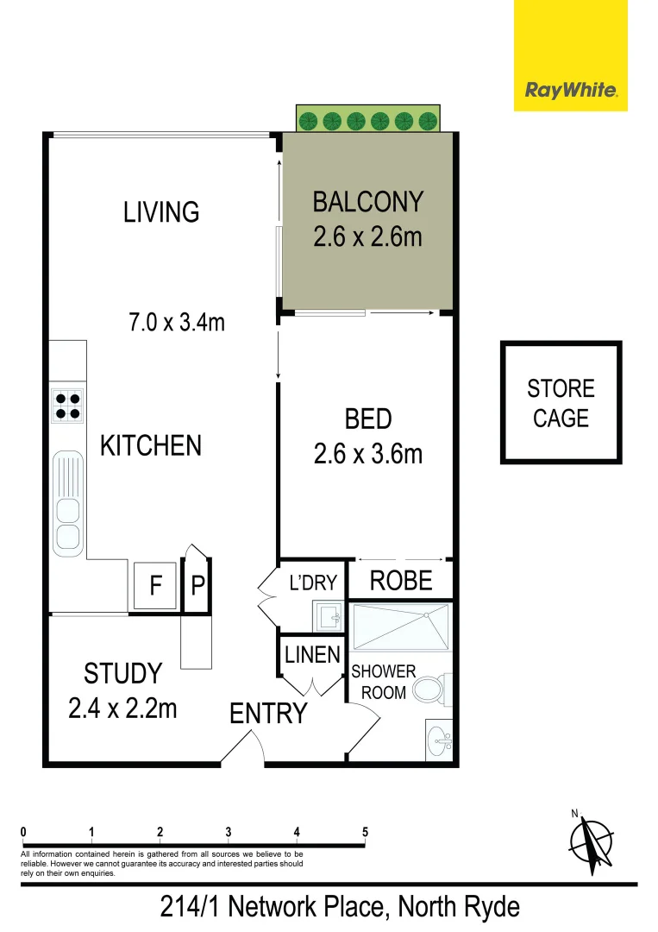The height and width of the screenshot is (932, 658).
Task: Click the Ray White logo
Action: [570, 90]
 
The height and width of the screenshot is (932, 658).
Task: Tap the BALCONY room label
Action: [367, 202]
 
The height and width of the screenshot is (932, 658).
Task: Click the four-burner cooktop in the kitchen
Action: [68, 406]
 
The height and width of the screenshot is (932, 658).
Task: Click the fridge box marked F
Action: [155, 586]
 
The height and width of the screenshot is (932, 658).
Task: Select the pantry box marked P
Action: [197, 586]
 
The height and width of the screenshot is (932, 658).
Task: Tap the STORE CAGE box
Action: [561, 403]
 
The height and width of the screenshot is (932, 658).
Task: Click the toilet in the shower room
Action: [428, 690]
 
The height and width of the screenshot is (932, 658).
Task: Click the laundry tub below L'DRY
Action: [328, 616]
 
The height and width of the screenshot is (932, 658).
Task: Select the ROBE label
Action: [400, 581]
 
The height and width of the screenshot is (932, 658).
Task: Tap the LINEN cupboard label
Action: [312, 655]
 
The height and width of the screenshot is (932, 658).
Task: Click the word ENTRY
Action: [268, 714]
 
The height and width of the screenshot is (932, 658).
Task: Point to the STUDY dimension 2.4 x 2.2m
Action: [122, 708]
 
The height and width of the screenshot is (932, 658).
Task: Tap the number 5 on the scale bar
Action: [366, 832]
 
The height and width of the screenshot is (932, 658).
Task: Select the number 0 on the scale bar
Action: [23, 832]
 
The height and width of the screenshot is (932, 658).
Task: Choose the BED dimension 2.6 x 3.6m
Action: [367, 453]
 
